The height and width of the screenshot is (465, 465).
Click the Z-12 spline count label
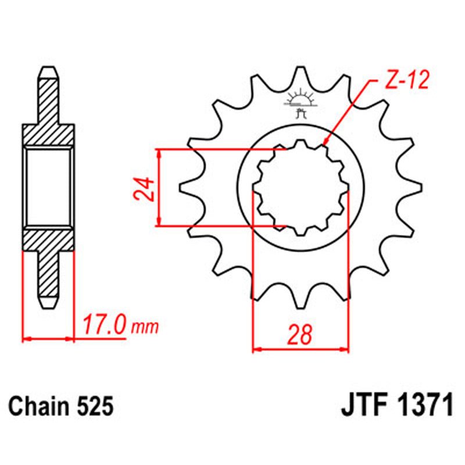pyautogui.click(x=406, y=81)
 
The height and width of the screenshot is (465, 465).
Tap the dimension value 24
pyautogui.click(x=145, y=188)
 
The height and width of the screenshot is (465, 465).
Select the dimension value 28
pyautogui.click(x=300, y=335)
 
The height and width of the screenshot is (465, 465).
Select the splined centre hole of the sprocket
pyautogui.click(x=301, y=188)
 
